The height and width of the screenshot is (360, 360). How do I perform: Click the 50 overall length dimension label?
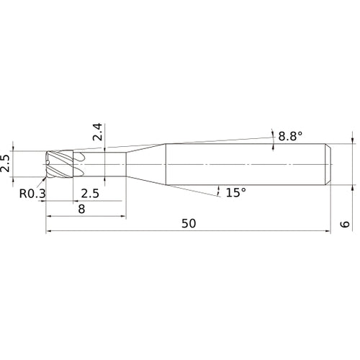coord(189,223)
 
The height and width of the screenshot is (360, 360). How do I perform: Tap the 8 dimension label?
coord(81,209)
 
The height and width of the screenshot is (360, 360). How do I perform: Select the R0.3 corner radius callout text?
coord(32,194)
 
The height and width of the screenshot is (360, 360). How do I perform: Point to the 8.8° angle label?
coord(290,136)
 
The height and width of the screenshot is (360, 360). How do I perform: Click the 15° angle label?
coord(236,192)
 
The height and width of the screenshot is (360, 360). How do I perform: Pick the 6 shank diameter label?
coord(345,224)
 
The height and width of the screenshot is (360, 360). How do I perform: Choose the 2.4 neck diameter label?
coord(98,132)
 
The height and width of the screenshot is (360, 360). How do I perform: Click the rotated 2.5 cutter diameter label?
coord(5,164)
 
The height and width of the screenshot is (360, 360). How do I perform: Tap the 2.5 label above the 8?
coord(90,194)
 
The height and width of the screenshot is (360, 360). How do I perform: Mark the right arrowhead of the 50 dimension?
coord(328,231)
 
